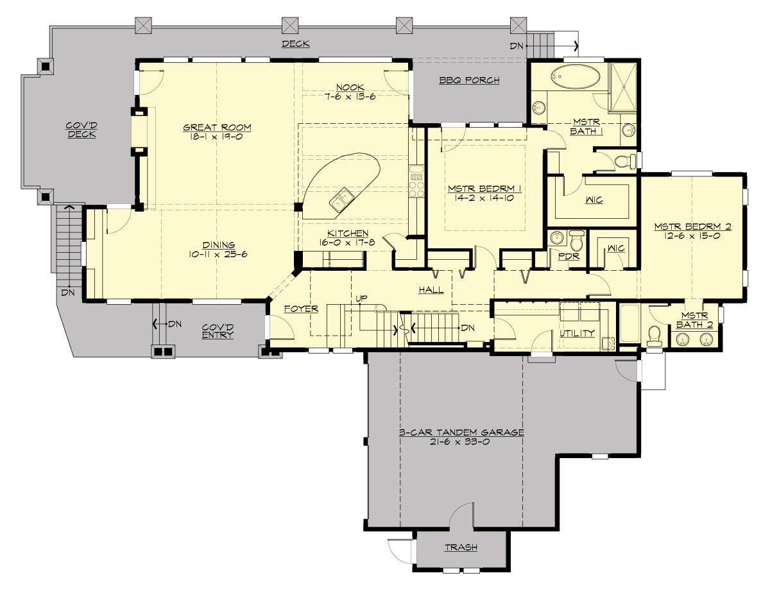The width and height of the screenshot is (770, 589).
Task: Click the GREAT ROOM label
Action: point(216,127)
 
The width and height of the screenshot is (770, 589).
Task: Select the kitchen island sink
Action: point(341,200)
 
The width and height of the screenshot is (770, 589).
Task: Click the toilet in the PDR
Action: point(576,240)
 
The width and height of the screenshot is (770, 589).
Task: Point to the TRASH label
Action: point(460,547)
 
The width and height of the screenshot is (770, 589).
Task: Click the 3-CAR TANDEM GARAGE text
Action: point(461,432)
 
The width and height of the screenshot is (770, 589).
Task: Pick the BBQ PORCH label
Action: point(469,80)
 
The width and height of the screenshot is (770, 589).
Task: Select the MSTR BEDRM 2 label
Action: point(692,226)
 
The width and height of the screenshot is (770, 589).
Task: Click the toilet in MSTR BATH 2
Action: point(654,336)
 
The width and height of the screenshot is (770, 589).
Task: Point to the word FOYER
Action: point(302,309)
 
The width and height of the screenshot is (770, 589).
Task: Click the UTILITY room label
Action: point(577,333)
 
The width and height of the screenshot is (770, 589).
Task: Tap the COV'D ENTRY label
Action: point(218,330)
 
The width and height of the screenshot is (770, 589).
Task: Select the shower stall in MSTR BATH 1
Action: point(622,85)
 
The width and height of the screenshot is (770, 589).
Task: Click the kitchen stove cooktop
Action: point(416,180)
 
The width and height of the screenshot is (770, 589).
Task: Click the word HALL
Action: point(431,290)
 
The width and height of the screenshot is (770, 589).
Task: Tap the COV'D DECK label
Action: point(81,130)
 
